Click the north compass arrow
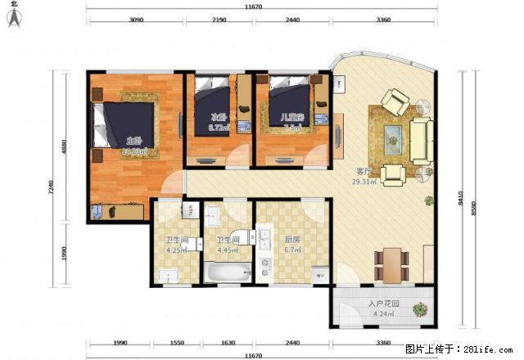(x=14, y=18)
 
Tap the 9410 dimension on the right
(x=461, y=197)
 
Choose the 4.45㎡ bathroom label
(x=227, y=251)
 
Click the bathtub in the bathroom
(x=228, y=273)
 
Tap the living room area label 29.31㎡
(x=364, y=182)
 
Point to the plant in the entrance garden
(x=420, y=310)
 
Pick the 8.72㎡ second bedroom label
(x=217, y=128)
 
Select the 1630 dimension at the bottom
(x=228, y=344)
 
